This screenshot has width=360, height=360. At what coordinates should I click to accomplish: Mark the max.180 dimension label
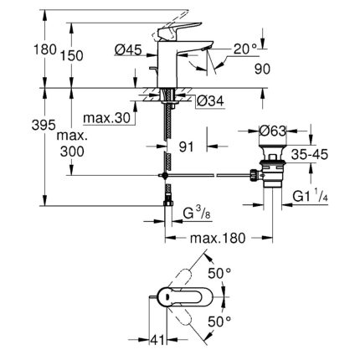point(209,238)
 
